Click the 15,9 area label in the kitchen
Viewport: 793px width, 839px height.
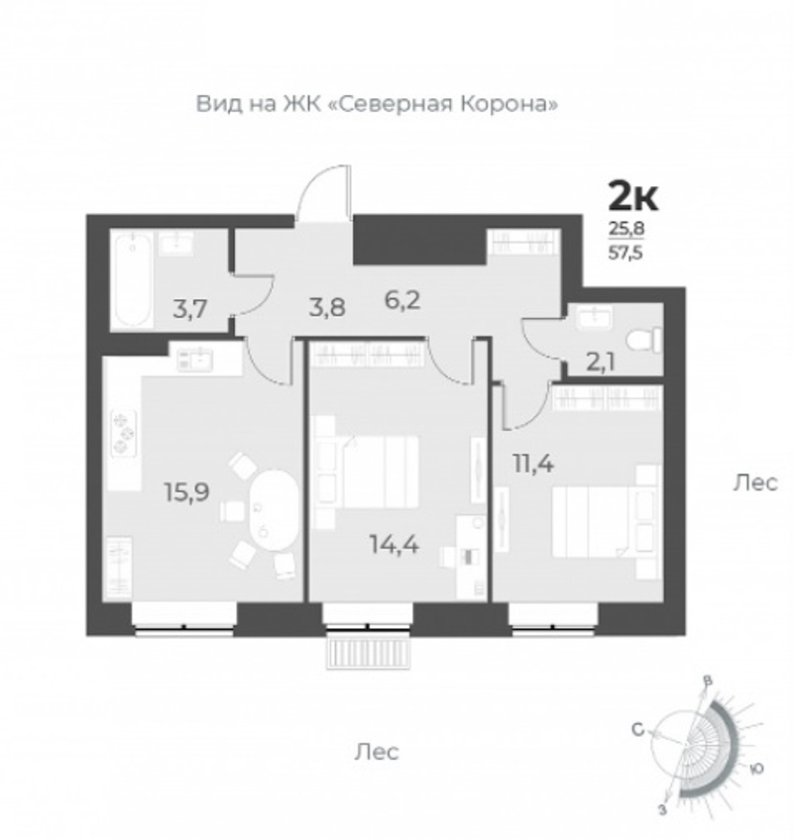pyautogui.click(x=187, y=491)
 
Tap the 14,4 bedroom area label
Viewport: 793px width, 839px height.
pyautogui.click(x=395, y=544)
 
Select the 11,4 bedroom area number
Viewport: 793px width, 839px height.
pyautogui.click(x=533, y=464)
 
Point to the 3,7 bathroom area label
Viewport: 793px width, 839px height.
pyautogui.click(x=190, y=309)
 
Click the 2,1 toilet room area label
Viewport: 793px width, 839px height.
pyautogui.click(x=601, y=363)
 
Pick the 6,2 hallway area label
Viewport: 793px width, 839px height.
pyautogui.click(x=402, y=301)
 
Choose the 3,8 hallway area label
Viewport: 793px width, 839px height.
pyautogui.click(x=327, y=308)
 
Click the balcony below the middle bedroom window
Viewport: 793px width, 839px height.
pyautogui.click(x=369, y=653)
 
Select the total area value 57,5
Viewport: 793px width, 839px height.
pyautogui.click(x=625, y=252)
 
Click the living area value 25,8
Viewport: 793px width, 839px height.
pyautogui.click(x=625, y=229)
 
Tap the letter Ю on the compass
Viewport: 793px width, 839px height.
pyautogui.click(x=755, y=769)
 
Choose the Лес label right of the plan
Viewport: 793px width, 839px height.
pyautogui.click(x=755, y=483)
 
